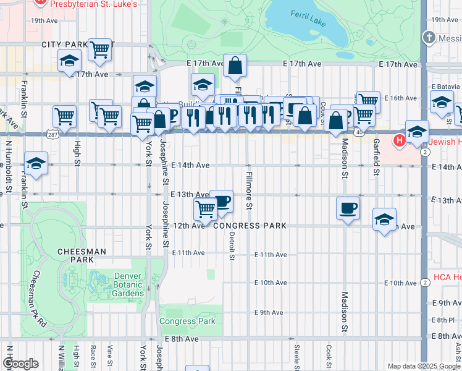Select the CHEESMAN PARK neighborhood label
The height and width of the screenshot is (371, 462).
pyautogui.click(x=82, y=256)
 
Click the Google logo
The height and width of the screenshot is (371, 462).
pyautogui.click(x=20, y=363)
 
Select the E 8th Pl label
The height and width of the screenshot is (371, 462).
pyautogui.click(x=443, y=320)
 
